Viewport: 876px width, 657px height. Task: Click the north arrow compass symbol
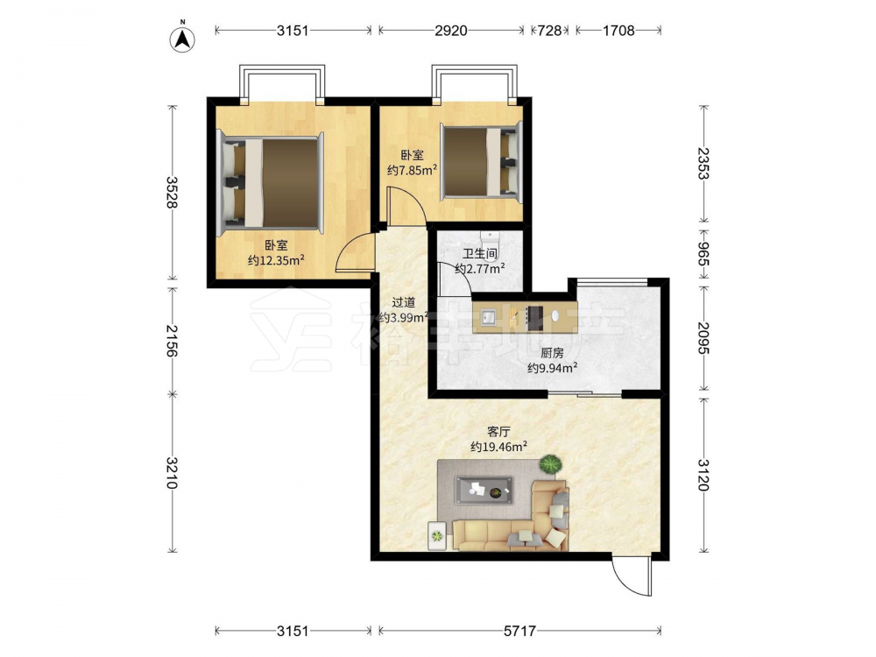point(182,39)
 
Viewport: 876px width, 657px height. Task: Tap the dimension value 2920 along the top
point(451,31)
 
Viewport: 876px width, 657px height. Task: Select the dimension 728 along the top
point(549,31)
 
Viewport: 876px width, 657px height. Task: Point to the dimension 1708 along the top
point(618,31)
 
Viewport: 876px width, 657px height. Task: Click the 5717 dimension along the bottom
point(519,631)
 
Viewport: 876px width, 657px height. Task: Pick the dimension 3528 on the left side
point(172,192)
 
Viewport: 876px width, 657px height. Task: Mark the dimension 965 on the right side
point(703,254)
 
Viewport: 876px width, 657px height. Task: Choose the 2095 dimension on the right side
point(703,338)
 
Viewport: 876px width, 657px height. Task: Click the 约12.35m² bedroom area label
point(276,260)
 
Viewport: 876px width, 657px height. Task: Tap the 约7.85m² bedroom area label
point(413,170)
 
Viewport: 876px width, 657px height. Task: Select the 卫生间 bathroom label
point(480,254)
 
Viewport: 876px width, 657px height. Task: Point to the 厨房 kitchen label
point(552,353)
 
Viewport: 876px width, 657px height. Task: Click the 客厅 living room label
point(499,432)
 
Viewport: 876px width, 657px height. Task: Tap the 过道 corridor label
point(403,303)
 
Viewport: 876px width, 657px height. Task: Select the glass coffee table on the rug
point(484,490)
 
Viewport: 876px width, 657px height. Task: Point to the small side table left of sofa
point(437,536)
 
